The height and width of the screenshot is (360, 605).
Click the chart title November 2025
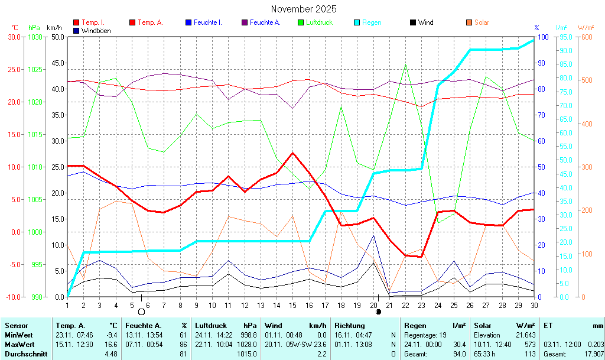pyautogui.click(x=304, y=9)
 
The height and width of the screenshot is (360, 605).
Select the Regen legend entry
pyautogui.click(x=371, y=22)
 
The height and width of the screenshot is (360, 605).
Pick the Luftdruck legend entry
pyautogui.click(x=319, y=22)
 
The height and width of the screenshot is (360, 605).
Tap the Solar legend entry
pyautogui.click(x=482, y=22)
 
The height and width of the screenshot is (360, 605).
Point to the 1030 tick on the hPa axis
pyautogui.click(x=35, y=37)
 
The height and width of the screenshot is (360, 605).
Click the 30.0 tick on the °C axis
pyautogui.click(x=13, y=37)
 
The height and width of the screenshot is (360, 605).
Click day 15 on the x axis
pyautogui.click(x=292, y=305)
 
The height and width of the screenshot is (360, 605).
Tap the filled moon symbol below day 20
pyautogui.click(x=378, y=311)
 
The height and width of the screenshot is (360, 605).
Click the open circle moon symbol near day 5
pyautogui.click(x=141, y=312)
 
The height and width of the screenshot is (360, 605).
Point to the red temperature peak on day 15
pyautogui.click(x=292, y=153)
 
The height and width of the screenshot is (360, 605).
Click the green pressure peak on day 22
pyautogui.click(x=405, y=64)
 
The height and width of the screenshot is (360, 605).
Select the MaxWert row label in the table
pyautogui.click(x=19, y=344)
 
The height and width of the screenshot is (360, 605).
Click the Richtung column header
pyautogui.click(x=350, y=325)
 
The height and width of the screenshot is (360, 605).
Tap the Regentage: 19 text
pyautogui.click(x=425, y=335)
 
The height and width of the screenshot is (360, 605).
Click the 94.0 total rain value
pyautogui.click(x=458, y=353)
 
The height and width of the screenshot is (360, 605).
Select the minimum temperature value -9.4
pyautogui.click(x=110, y=335)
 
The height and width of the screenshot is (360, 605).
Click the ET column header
pyautogui.click(x=548, y=325)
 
